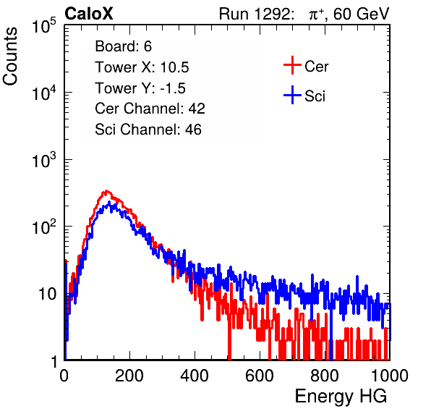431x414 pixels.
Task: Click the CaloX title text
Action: click(x=89, y=13)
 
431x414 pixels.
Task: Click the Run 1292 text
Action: click(x=255, y=14)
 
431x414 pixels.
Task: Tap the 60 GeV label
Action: click(x=361, y=14)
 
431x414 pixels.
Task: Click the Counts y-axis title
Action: click(x=10, y=56)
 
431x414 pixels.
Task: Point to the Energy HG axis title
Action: click(x=341, y=397)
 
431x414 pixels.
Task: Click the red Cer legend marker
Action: click(x=292, y=65)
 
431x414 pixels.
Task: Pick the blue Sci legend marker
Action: click(x=292, y=95)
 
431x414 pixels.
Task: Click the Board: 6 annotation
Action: click(x=123, y=46)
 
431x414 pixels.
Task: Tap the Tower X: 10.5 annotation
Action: click(x=142, y=67)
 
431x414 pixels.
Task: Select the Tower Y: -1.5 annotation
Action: click(x=140, y=88)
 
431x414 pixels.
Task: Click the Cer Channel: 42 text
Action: click(x=150, y=109)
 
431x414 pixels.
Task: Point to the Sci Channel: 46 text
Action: click(x=148, y=130)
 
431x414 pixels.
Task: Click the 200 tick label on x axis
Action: click(x=129, y=376)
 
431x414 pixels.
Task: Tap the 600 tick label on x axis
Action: click(x=260, y=376)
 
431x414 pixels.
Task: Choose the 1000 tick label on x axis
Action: click(x=390, y=376)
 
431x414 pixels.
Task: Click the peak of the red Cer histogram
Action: click(x=106, y=190)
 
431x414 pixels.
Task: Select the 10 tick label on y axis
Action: click(x=47, y=294)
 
